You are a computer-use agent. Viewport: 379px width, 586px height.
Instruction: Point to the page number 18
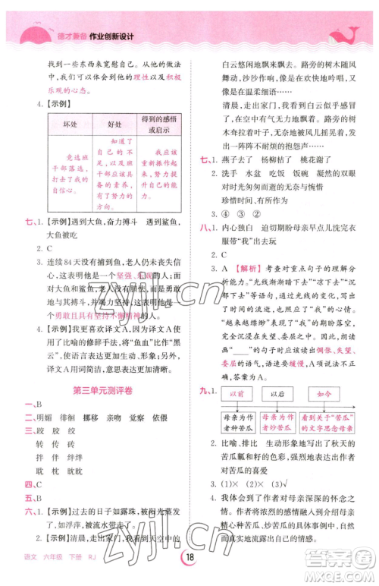point(189,572)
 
